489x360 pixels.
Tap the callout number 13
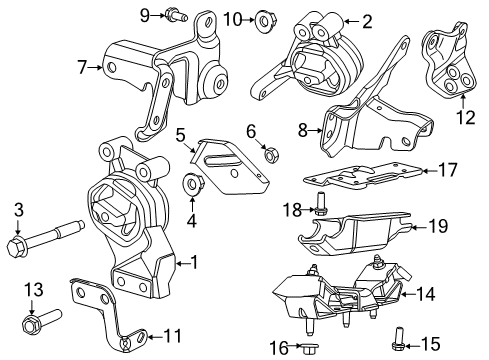(x=34, y=290)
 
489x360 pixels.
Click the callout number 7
(x=83, y=67)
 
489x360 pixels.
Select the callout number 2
(x=367, y=20)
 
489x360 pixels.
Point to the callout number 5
(x=181, y=133)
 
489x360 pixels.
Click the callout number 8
(x=301, y=128)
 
